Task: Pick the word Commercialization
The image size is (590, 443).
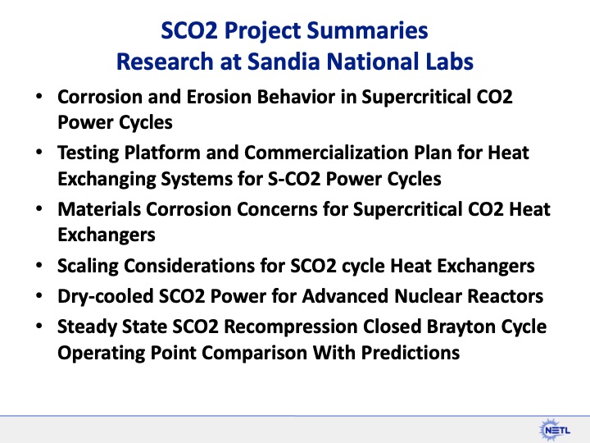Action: pos(300,153)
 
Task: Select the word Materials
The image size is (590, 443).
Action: pos(95,210)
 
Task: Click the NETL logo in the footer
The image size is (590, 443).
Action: pos(554,427)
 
